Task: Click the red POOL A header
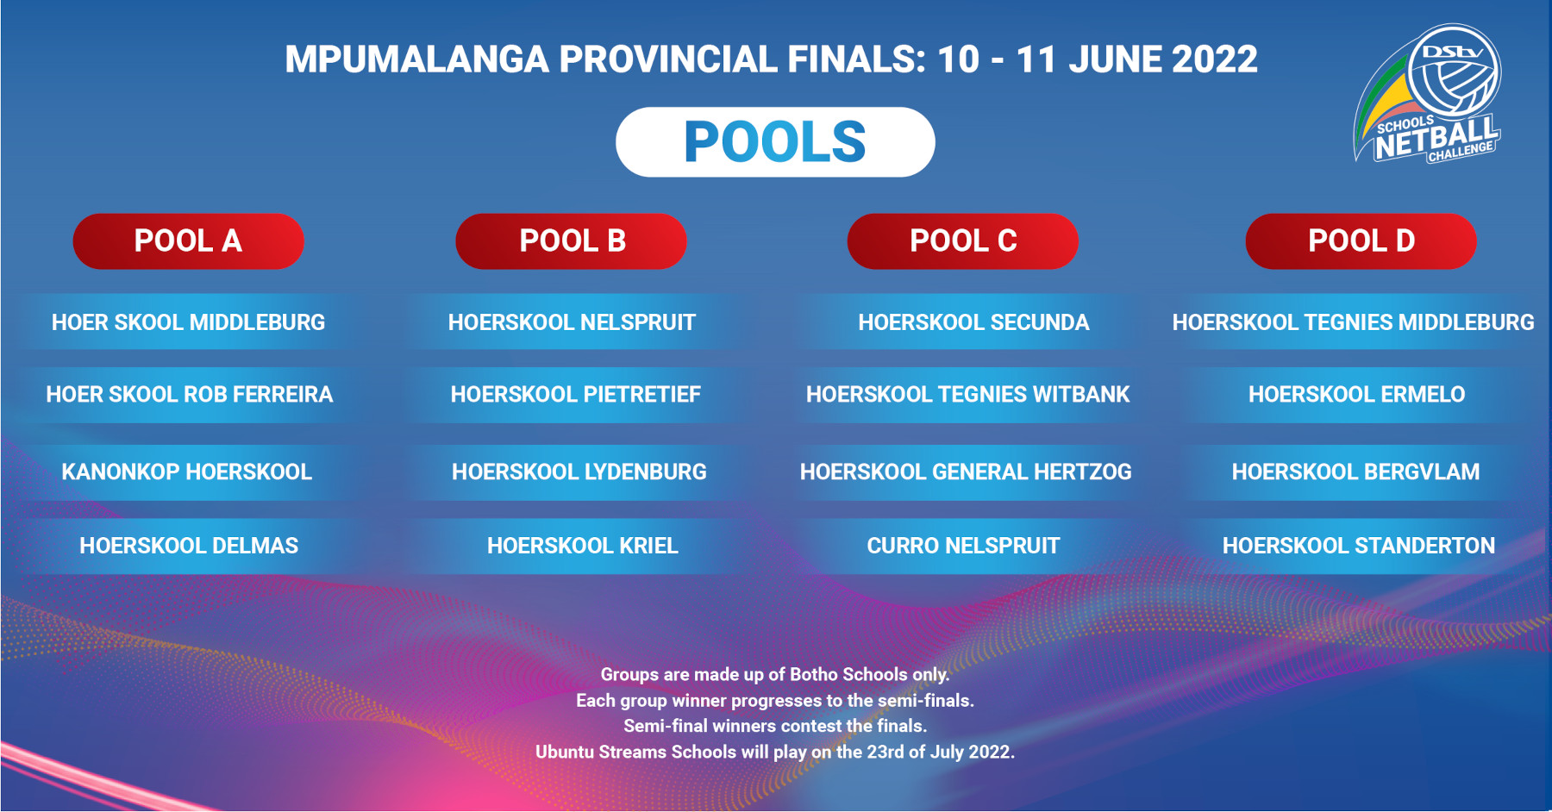point(189,241)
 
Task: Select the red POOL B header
point(572,241)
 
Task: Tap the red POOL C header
point(963,241)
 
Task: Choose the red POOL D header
point(1361,241)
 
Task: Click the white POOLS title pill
point(775,142)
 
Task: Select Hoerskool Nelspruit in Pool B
point(572,322)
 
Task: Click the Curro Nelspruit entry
point(963,546)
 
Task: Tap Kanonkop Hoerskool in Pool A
point(186,472)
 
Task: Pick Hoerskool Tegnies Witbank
point(967,394)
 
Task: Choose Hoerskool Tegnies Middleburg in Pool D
point(1353,322)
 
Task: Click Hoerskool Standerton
point(1359,546)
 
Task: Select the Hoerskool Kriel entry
point(583,546)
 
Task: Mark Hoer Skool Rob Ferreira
point(189,394)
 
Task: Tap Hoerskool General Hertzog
point(966,472)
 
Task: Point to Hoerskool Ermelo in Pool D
point(1356,394)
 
